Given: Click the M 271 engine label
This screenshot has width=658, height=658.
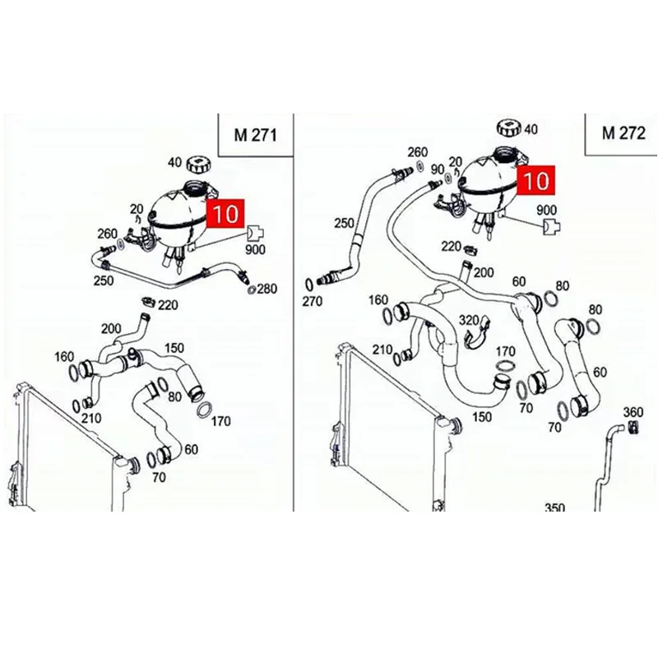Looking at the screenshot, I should point(255,134).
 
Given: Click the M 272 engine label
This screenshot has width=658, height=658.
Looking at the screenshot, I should point(623,134).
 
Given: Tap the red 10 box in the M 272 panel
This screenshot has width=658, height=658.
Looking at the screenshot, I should point(540,179).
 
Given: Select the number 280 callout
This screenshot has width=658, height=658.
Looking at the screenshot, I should point(267,290).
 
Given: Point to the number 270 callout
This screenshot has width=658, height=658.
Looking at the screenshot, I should point(313,302).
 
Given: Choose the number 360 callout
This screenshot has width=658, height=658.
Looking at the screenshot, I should point(633,411).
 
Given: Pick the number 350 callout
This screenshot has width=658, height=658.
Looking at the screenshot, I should point(554,508).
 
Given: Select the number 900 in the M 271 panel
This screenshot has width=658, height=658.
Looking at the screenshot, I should point(254,250).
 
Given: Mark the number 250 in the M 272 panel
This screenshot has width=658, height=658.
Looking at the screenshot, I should point(343,223).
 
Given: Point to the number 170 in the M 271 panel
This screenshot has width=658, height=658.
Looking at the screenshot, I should point(221,424).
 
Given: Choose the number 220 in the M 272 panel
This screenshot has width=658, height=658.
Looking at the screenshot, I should point(452,246).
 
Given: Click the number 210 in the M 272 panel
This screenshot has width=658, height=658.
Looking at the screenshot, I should point(382,350).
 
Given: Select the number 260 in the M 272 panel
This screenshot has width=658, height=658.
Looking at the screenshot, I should point(417,151).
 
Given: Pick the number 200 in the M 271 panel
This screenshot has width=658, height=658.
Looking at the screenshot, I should point(111,329).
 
